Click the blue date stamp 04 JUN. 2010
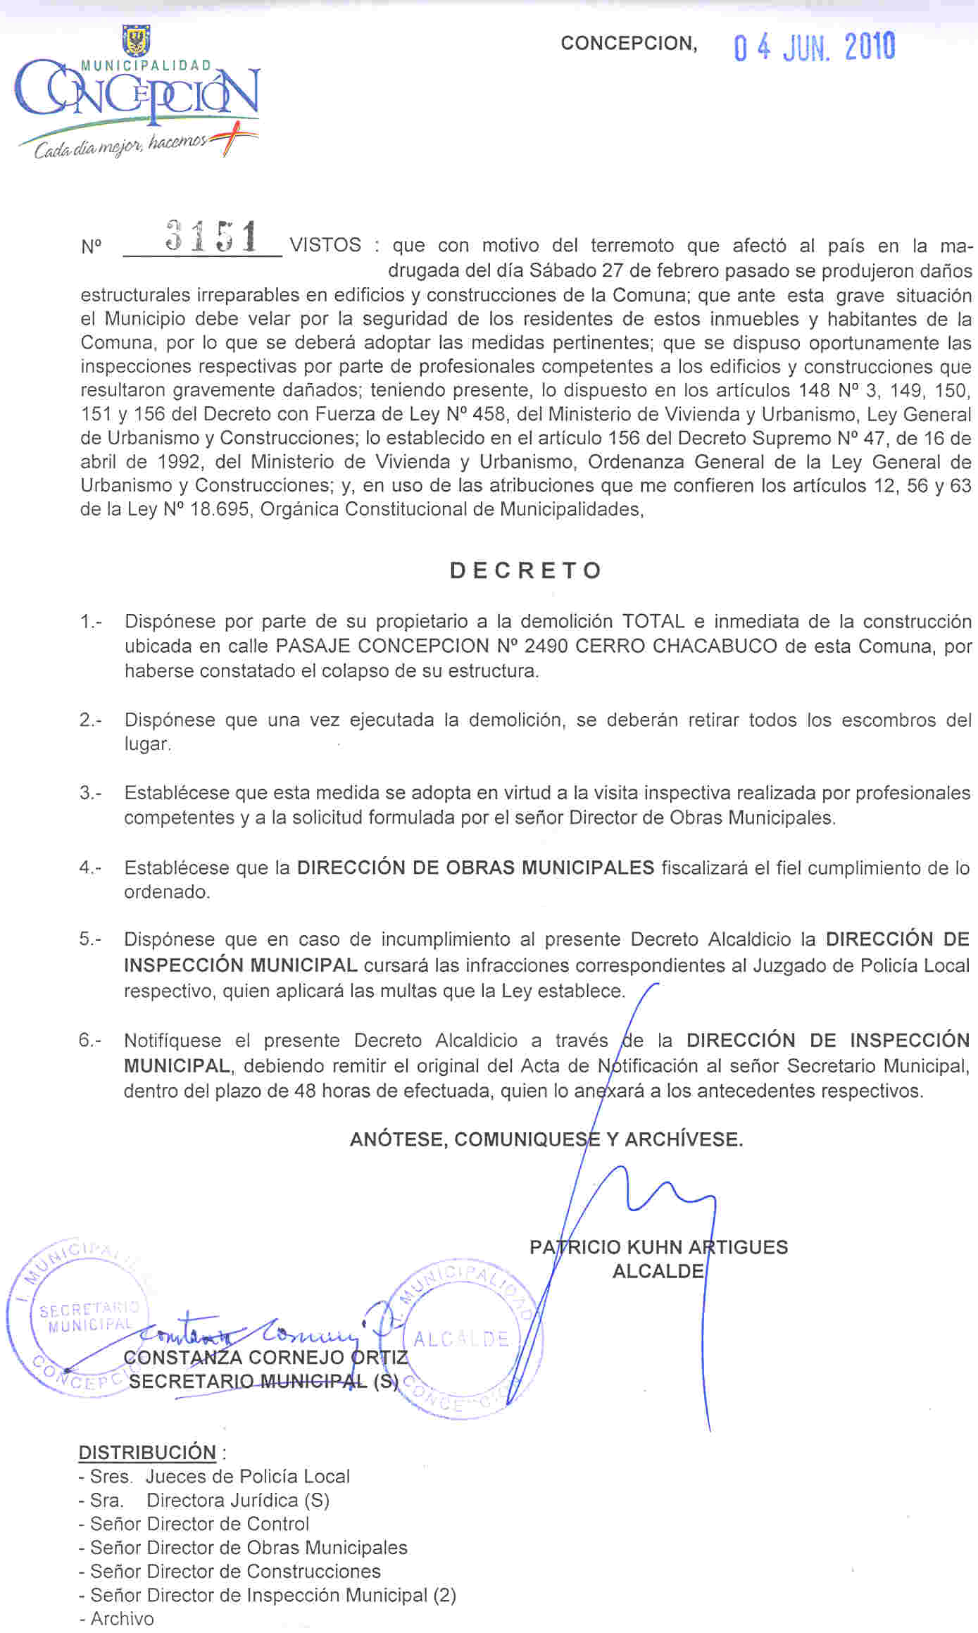[814, 48]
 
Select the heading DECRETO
[526, 570]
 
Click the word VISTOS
[325, 246]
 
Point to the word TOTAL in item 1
[653, 622]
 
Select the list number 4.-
[90, 868]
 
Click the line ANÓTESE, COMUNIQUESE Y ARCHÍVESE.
[546, 1139]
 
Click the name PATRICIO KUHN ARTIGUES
[658, 1248]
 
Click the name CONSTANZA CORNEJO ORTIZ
[265, 1358]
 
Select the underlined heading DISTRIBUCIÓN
[147, 1453]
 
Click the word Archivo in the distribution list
[122, 1619]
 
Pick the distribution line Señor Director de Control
[200, 1524]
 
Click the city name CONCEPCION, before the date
[629, 44]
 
